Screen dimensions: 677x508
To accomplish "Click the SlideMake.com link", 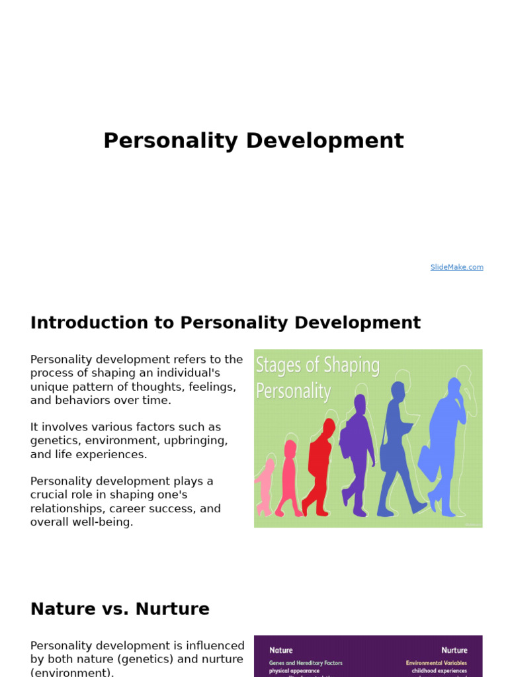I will tap(456, 267).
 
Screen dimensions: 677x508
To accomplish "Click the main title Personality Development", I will tap(253, 141).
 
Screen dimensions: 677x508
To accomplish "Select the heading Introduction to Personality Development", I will tap(225, 323).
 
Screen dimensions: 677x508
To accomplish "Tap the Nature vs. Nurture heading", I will tap(120, 609).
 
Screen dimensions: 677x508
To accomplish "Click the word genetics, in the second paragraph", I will tap(53, 441).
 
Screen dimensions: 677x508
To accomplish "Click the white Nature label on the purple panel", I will tap(280, 651).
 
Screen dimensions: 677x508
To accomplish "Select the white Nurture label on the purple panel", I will tap(454, 651).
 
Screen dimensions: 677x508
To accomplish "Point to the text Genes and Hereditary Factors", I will tap(306, 663).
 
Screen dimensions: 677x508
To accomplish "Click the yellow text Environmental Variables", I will tap(437, 663).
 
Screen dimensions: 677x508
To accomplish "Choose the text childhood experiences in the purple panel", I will tap(439, 670).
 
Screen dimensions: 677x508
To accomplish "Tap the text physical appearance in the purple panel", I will tap(294, 670).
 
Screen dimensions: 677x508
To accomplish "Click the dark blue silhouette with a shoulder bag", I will tap(398, 450).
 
